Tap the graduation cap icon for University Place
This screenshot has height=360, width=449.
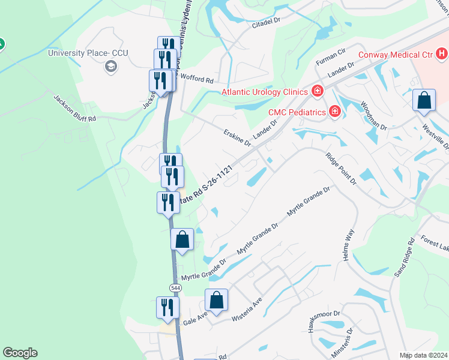click(x=110, y=66)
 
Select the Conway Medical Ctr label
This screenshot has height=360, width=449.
click(x=396, y=55)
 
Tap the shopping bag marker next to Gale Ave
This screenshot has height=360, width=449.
click(x=216, y=299)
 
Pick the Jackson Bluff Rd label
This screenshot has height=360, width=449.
click(x=74, y=108)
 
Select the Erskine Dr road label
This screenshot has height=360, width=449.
click(x=237, y=138)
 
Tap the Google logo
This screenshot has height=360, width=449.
click(x=20, y=353)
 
